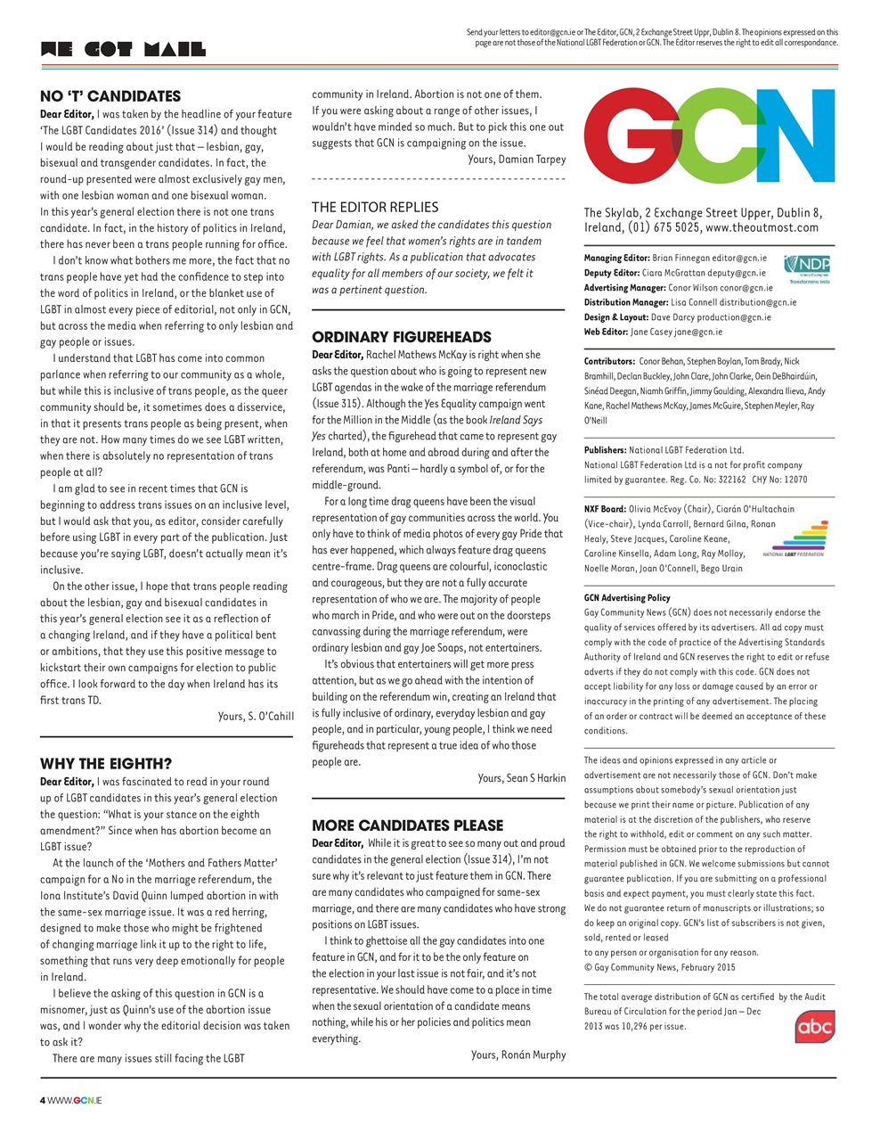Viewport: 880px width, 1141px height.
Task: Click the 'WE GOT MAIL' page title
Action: [x=123, y=49]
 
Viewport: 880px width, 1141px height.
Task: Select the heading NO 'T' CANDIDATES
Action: [x=110, y=96]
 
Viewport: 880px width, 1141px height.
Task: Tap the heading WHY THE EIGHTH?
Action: [x=106, y=764]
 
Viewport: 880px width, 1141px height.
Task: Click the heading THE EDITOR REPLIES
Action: [x=375, y=207]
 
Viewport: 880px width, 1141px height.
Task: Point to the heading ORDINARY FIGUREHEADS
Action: [x=401, y=337]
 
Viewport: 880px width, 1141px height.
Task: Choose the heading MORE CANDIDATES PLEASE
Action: [x=407, y=825]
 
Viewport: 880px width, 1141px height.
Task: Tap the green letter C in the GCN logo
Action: [x=713, y=135]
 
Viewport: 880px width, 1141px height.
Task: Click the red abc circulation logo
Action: [x=814, y=1026]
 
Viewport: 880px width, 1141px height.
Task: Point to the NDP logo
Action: [x=807, y=267]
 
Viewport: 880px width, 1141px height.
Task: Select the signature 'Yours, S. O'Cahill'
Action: [x=256, y=717]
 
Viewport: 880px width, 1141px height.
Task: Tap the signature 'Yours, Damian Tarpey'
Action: [x=516, y=160]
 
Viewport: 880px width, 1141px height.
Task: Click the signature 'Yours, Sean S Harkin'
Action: [x=521, y=778]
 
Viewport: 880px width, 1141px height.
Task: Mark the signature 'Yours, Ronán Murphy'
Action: [x=517, y=1055]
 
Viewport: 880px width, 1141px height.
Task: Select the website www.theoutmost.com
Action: [x=762, y=228]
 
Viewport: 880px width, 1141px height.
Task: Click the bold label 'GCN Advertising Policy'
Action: [x=627, y=598]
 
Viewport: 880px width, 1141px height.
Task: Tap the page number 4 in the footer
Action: [x=43, y=1101]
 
